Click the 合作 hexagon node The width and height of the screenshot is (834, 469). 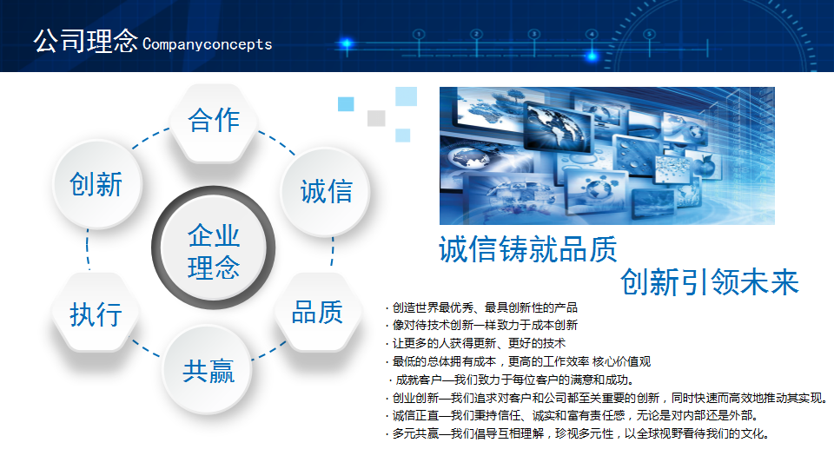214,122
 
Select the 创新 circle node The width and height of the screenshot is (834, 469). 97,184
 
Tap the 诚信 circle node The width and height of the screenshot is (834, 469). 325,191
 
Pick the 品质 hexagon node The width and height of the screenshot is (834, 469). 318,312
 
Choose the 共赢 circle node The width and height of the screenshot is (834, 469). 207,370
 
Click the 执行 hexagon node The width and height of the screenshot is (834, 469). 96,312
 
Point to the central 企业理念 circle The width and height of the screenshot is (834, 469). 214,248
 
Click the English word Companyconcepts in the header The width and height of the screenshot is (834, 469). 208,44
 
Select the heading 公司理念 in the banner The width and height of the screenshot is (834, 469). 86,41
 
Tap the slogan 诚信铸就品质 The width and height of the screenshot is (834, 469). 527,249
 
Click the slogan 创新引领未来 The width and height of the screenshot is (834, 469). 710,281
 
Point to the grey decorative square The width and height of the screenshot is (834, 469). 376,118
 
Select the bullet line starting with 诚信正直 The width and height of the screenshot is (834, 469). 572,415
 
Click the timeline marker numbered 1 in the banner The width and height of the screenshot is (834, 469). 419,35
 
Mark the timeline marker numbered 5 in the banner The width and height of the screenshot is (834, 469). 649,35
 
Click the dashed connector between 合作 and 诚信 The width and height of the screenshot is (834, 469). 276,142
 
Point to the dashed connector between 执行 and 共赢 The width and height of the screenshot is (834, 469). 146,348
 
